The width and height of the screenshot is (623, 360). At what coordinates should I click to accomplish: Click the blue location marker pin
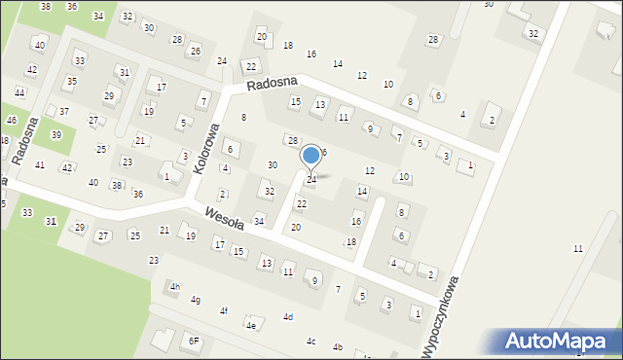pos(311,156)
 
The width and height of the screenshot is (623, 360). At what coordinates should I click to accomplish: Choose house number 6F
pos(194,341)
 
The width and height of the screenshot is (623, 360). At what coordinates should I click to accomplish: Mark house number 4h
pos(175,286)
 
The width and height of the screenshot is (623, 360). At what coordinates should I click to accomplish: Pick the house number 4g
pos(196,300)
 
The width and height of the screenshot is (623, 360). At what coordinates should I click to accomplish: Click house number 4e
pos(250,325)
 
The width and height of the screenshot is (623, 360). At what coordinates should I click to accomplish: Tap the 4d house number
pos(288,317)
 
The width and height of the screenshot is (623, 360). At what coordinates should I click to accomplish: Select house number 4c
pos(311,341)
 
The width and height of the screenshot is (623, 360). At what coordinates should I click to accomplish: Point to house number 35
pos(71,81)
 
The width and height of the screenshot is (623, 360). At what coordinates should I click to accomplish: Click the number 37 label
pos(63,112)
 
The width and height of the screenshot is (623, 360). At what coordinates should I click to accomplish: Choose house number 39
pos(56,134)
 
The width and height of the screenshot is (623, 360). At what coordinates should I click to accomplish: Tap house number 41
pos(40,165)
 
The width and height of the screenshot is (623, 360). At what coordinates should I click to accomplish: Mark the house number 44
pos(19,92)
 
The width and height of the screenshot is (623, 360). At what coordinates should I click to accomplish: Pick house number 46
pos(11,120)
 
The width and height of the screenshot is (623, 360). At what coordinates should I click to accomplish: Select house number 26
pos(195,51)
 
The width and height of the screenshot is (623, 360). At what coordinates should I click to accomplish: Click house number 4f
pos(223,311)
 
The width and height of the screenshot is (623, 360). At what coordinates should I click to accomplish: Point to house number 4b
pos(338,347)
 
